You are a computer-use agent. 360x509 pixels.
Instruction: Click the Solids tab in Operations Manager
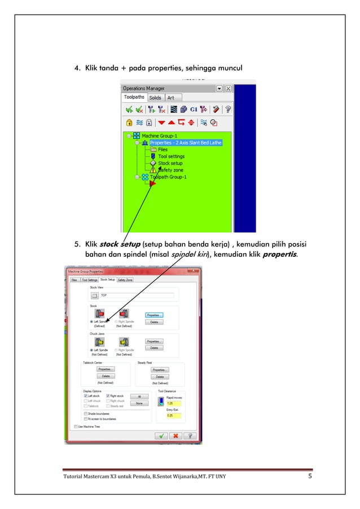[155, 98]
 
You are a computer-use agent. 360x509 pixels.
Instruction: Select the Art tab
[170, 98]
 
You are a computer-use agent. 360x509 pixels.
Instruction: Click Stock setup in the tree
[170, 163]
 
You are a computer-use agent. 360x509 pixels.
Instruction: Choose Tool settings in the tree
[171, 156]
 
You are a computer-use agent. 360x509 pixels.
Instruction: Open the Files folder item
[163, 150]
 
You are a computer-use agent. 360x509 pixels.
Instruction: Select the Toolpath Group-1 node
[168, 177]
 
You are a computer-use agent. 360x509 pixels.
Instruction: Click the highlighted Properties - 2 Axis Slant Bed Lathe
[186, 143]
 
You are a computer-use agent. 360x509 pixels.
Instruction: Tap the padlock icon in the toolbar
[129, 122]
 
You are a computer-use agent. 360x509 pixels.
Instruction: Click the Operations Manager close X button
[228, 89]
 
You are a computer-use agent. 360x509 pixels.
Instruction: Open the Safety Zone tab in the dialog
[125, 279]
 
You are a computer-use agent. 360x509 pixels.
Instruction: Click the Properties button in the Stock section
[154, 315]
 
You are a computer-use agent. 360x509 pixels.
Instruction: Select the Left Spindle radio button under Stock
[92, 322]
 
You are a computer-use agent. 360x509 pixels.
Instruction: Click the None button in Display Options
[138, 403]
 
